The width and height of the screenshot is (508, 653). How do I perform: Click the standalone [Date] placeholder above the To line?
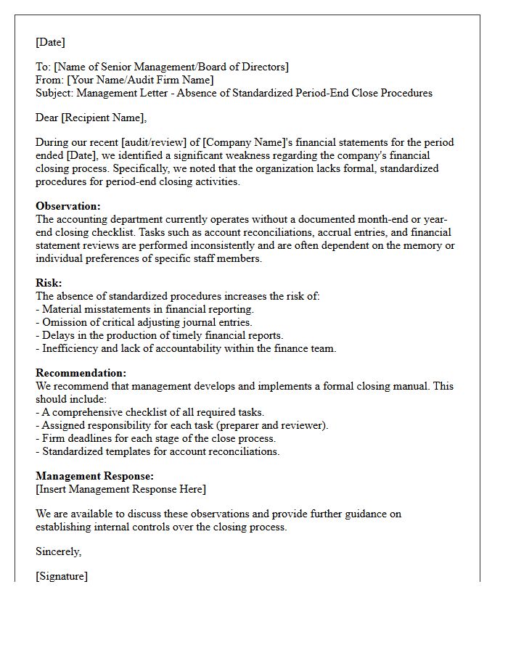(x=50, y=42)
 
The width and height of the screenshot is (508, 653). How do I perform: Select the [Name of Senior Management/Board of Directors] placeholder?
(x=171, y=67)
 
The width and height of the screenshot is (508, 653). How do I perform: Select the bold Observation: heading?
(x=68, y=206)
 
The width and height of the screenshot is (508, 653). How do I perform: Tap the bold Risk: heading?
(x=49, y=283)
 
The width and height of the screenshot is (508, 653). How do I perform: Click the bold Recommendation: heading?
(x=81, y=373)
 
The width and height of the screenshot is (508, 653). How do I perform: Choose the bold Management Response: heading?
(x=94, y=476)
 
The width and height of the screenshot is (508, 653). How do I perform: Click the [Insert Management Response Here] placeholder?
(x=120, y=489)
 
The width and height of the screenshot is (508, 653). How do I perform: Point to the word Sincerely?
(x=58, y=551)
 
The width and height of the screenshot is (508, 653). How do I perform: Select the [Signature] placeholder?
(x=62, y=576)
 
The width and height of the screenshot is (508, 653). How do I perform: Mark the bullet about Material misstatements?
(x=144, y=309)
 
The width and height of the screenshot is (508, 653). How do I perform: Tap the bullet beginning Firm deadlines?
(x=155, y=438)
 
